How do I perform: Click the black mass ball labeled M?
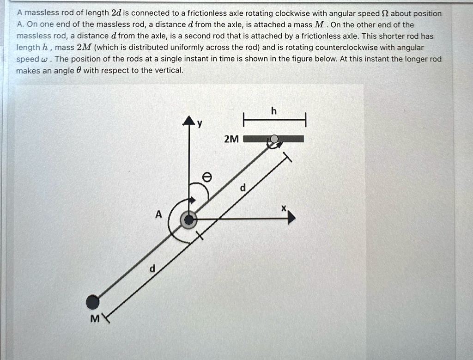(x=93, y=302)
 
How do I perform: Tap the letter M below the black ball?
(x=94, y=319)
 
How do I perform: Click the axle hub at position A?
(x=188, y=219)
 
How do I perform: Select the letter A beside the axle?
(x=158, y=214)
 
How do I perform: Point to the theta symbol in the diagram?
(x=207, y=177)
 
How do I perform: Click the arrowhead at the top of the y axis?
(x=188, y=121)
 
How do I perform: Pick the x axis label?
(x=285, y=208)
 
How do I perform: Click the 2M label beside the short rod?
(x=231, y=139)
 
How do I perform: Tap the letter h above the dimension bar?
(x=274, y=111)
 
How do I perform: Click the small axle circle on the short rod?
(x=274, y=139)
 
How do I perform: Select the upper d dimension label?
(x=243, y=188)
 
